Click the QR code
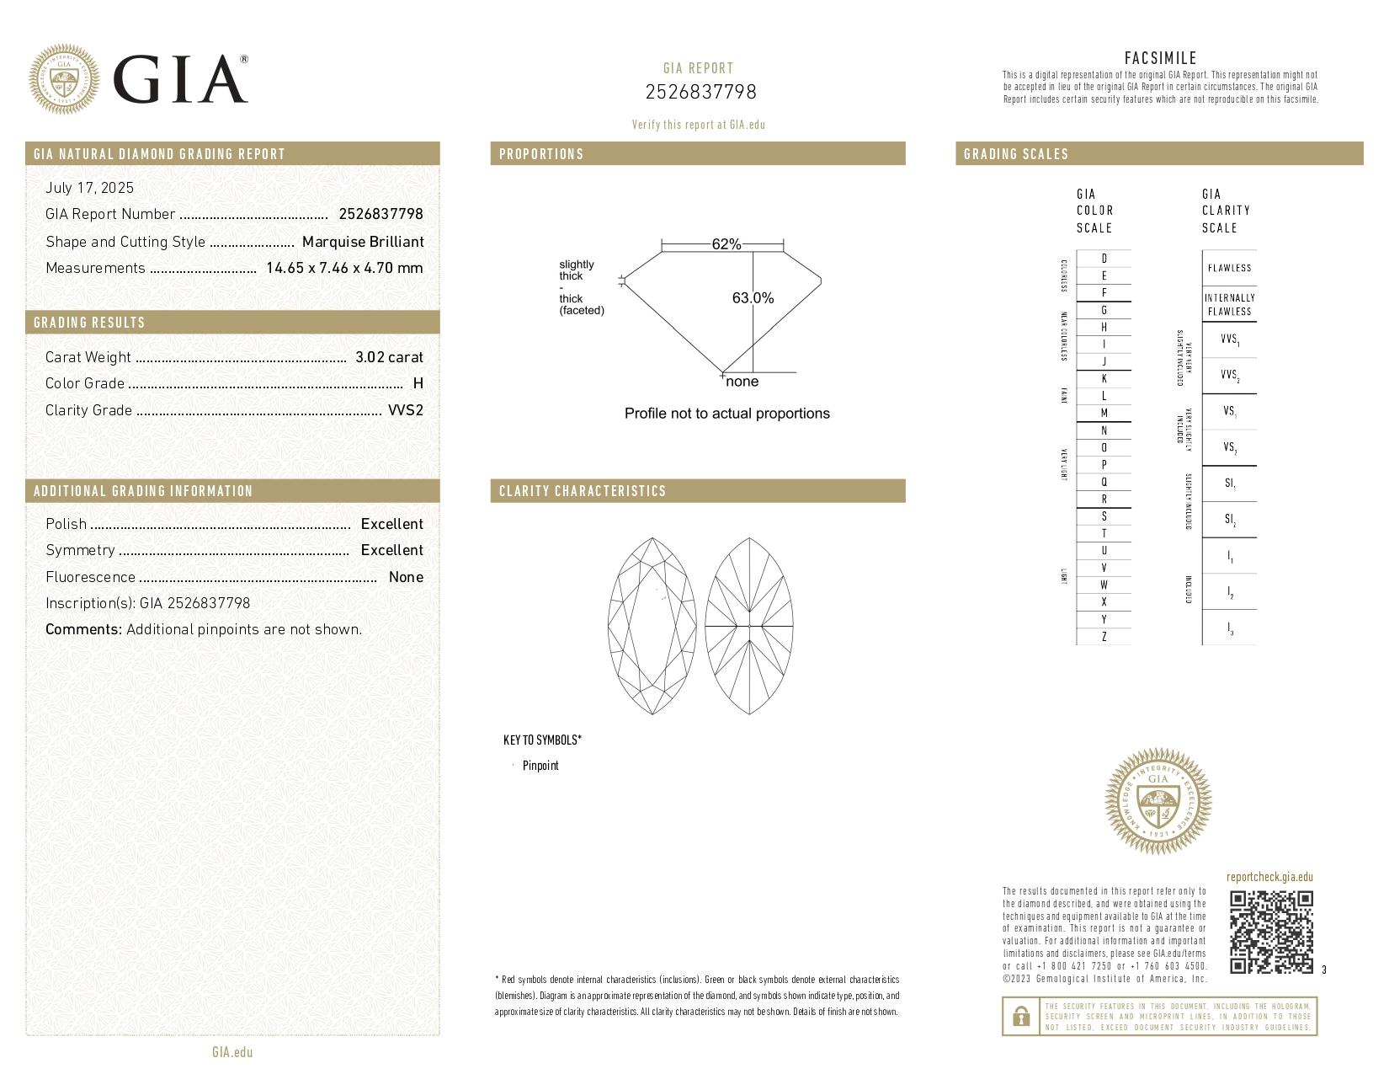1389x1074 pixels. (x=1271, y=932)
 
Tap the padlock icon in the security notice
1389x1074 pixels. (x=1020, y=1017)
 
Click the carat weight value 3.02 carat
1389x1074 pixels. (x=389, y=357)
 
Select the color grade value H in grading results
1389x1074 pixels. (x=418, y=383)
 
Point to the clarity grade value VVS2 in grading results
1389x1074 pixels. (x=406, y=410)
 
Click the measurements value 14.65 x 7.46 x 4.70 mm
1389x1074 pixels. (x=344, y=268)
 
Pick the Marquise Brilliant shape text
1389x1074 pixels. (x=363, y=242)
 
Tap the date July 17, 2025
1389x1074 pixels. (x=89, y=188)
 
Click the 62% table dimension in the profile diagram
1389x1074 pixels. (x=726, y=244)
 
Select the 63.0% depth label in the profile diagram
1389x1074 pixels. (x=753, y=298)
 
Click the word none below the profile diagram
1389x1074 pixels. (x=742, y=382)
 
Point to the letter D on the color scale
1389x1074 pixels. (x=1104, y=259)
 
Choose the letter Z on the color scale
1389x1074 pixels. (x=1104, y=637)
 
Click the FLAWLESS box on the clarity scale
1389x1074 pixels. (x=1229, y=268)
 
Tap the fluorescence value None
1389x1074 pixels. (x=406, y=577)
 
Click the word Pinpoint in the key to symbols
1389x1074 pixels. (x=540, y=766)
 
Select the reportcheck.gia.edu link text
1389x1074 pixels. (x=1269, y=877)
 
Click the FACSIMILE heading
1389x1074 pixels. (x=1160, y=58)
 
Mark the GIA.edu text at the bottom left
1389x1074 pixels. (x=232, y=1052)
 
